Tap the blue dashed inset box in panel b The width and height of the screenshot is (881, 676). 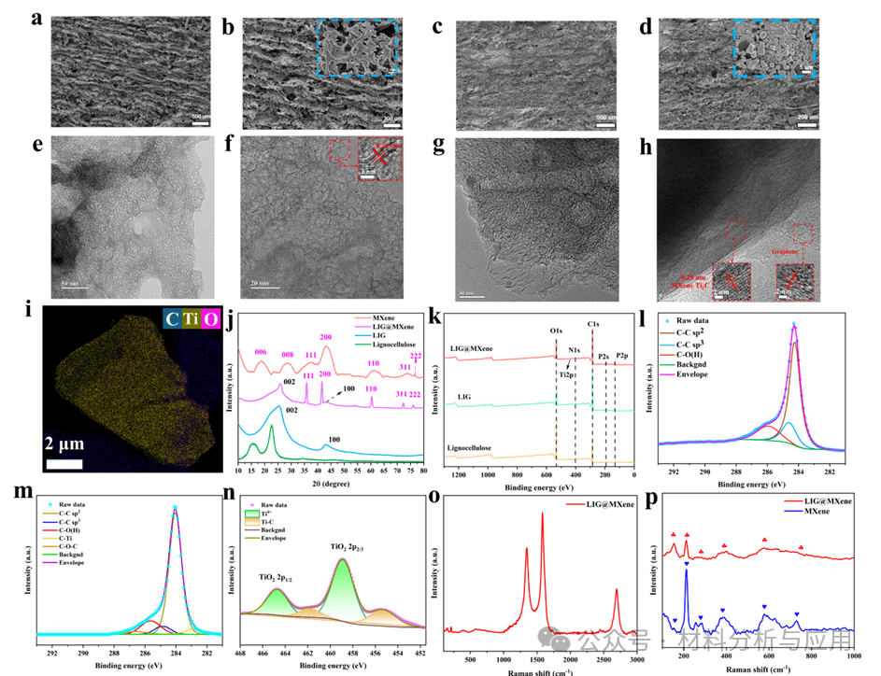coord(357,49)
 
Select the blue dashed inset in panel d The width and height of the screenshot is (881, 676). coord(774,49)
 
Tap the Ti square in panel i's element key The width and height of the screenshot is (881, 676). coord(192,320)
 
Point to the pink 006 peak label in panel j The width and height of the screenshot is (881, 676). coord(261,352)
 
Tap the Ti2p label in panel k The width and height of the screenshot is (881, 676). coord(566,373)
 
